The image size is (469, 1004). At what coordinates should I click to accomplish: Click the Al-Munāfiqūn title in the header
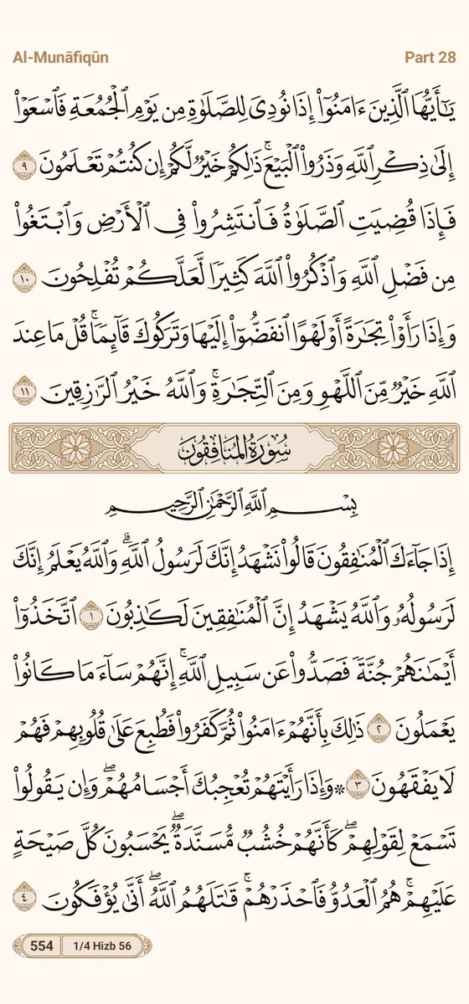[59, 58]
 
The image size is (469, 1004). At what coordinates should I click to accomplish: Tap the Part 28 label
[430, 58]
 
